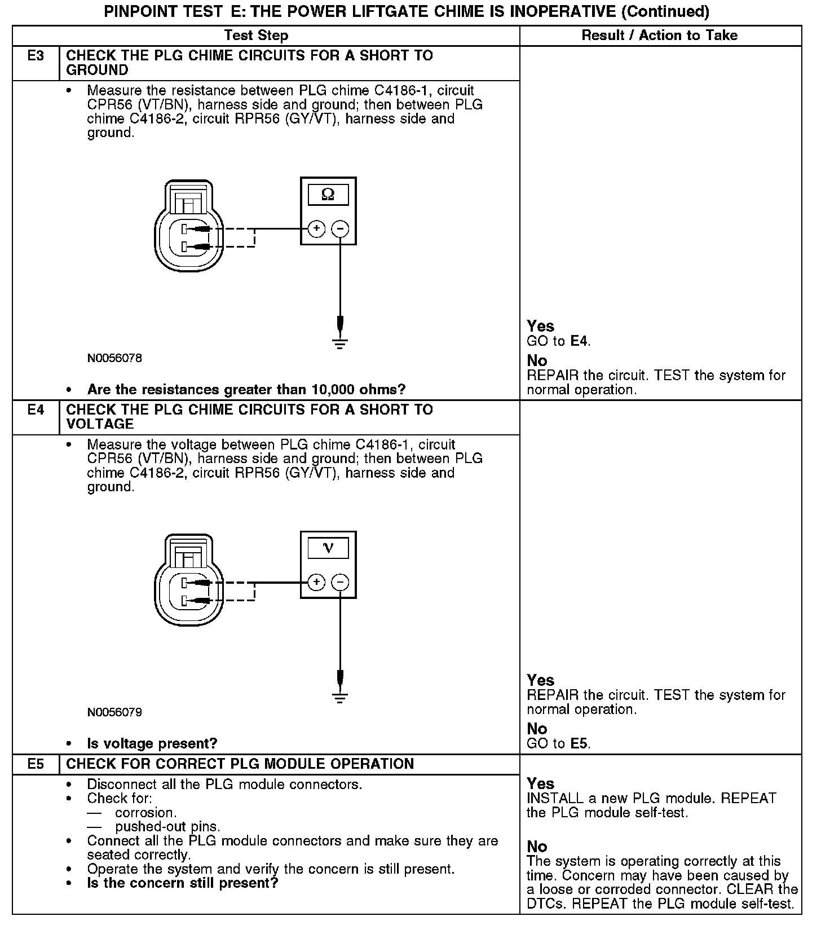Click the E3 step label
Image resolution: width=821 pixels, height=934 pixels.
[36, 56]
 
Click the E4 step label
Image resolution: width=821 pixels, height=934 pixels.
[36, 410]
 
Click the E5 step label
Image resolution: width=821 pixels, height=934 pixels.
[36, 764]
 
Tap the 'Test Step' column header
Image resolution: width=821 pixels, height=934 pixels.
[256, 36]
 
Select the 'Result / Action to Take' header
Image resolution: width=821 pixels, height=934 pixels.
[659, 36]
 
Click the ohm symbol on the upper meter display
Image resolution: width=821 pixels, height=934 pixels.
[328, 195]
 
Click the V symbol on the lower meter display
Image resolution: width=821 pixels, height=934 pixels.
[328, 548]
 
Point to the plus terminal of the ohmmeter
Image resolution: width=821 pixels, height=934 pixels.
[317, 228]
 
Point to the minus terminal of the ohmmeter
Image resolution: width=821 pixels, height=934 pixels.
[340, 228]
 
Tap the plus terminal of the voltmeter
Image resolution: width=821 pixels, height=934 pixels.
[317, 582]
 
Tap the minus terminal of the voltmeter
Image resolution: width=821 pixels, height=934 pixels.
[340, 582]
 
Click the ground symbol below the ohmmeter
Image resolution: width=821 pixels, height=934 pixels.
[340, 343]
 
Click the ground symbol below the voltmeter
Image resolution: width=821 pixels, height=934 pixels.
[340, 697]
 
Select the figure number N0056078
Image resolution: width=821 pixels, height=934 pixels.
[114, 358]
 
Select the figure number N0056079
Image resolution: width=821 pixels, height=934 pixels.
[114, 712]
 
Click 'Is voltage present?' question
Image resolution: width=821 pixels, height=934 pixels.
[152, 744]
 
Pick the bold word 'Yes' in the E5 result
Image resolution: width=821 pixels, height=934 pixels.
[540, 783]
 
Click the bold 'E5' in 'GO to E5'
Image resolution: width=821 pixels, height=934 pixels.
[580, 743]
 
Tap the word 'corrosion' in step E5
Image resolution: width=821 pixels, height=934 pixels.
[145, 813]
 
